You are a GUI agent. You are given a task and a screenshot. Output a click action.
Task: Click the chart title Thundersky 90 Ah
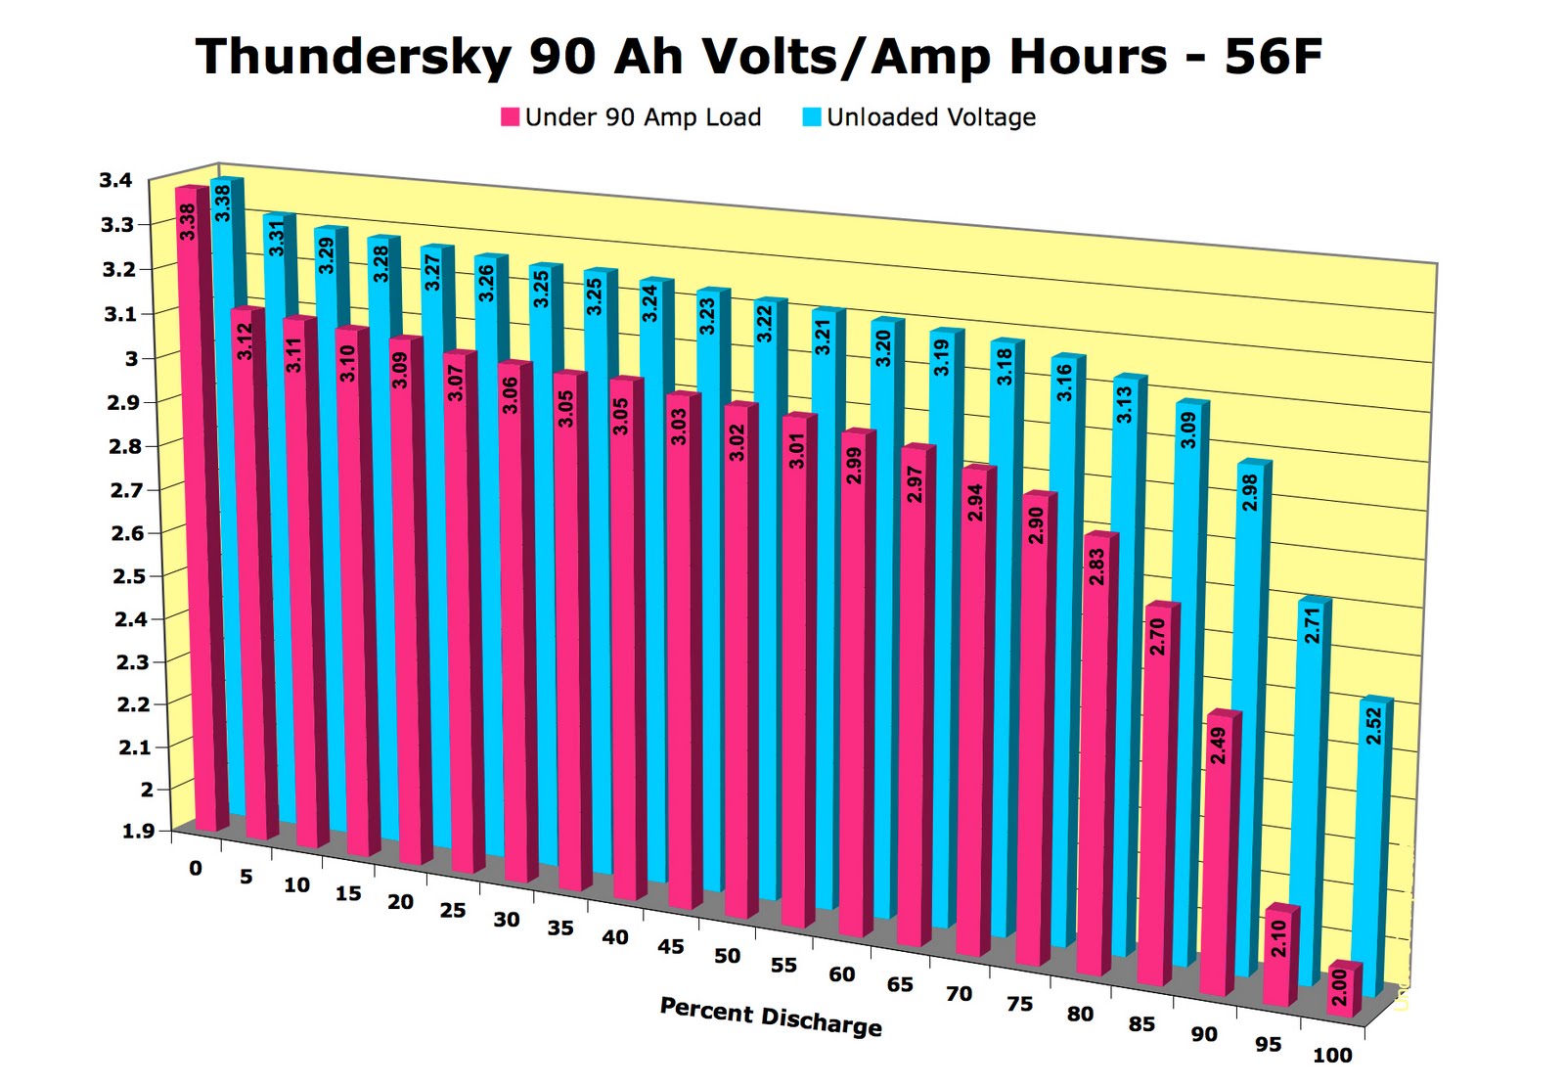tap(758, 57)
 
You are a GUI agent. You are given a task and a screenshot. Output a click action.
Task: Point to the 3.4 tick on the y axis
tap(115, 180)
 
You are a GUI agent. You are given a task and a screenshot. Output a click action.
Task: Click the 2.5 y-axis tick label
tap(129, 575)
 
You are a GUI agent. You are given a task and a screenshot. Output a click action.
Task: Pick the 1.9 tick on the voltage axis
tap(138, 831)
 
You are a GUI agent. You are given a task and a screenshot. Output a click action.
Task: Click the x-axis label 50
tap(727, 955)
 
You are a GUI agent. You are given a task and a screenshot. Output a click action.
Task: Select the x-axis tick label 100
tap(1331, 1055)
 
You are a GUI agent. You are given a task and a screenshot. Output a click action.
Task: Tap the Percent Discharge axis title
tap(771, 1017)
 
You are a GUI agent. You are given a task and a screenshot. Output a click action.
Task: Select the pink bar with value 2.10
tap(1277, 954)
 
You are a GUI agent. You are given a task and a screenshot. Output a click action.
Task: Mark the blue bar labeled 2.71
tap(1311, 783)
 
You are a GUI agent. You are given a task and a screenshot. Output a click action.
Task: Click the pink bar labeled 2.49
tap(1218, 851)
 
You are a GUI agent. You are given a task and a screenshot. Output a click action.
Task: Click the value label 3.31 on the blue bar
tap(277, 238)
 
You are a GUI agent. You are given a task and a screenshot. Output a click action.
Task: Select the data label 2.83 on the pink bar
tap(1096, 566)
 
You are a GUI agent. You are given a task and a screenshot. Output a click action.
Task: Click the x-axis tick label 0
tap(196, 869)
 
